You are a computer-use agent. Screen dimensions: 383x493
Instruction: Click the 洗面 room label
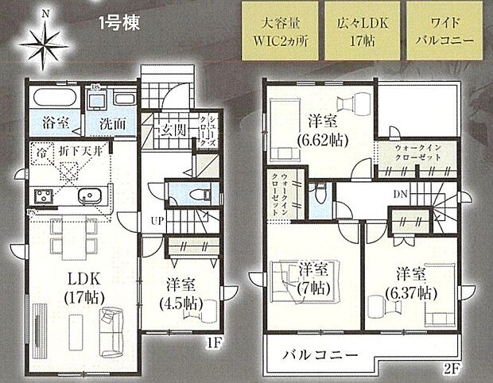click(x=113, y=125)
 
